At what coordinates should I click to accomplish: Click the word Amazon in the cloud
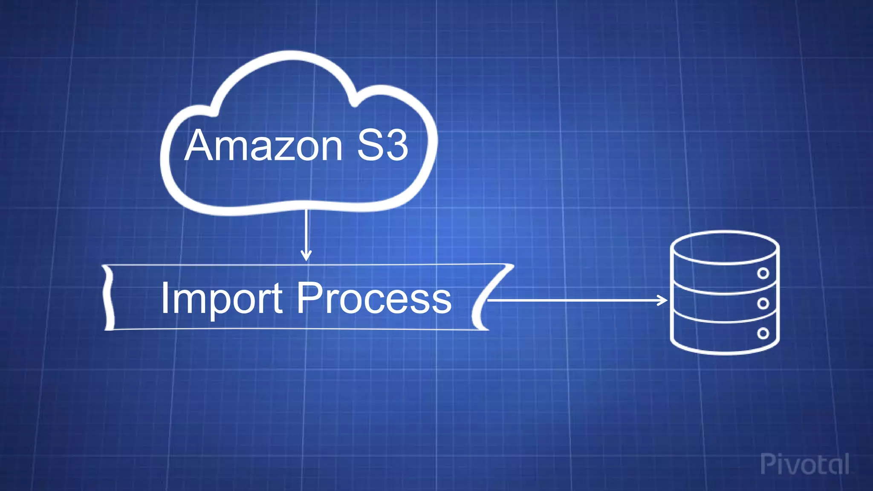click(263, 146)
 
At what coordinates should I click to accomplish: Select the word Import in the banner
click(221, 298)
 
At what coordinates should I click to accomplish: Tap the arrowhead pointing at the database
click(663, 300)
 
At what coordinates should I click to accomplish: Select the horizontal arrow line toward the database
click(575, 300)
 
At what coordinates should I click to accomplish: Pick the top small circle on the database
click(763, 273)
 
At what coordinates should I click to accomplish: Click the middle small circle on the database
click(763, 303)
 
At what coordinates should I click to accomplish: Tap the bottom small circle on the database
click(763, 333)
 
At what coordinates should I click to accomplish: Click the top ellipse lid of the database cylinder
click(725, 247)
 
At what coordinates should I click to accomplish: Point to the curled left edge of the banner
click(108, 297)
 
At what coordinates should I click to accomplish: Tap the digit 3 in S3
click(396, 146)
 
